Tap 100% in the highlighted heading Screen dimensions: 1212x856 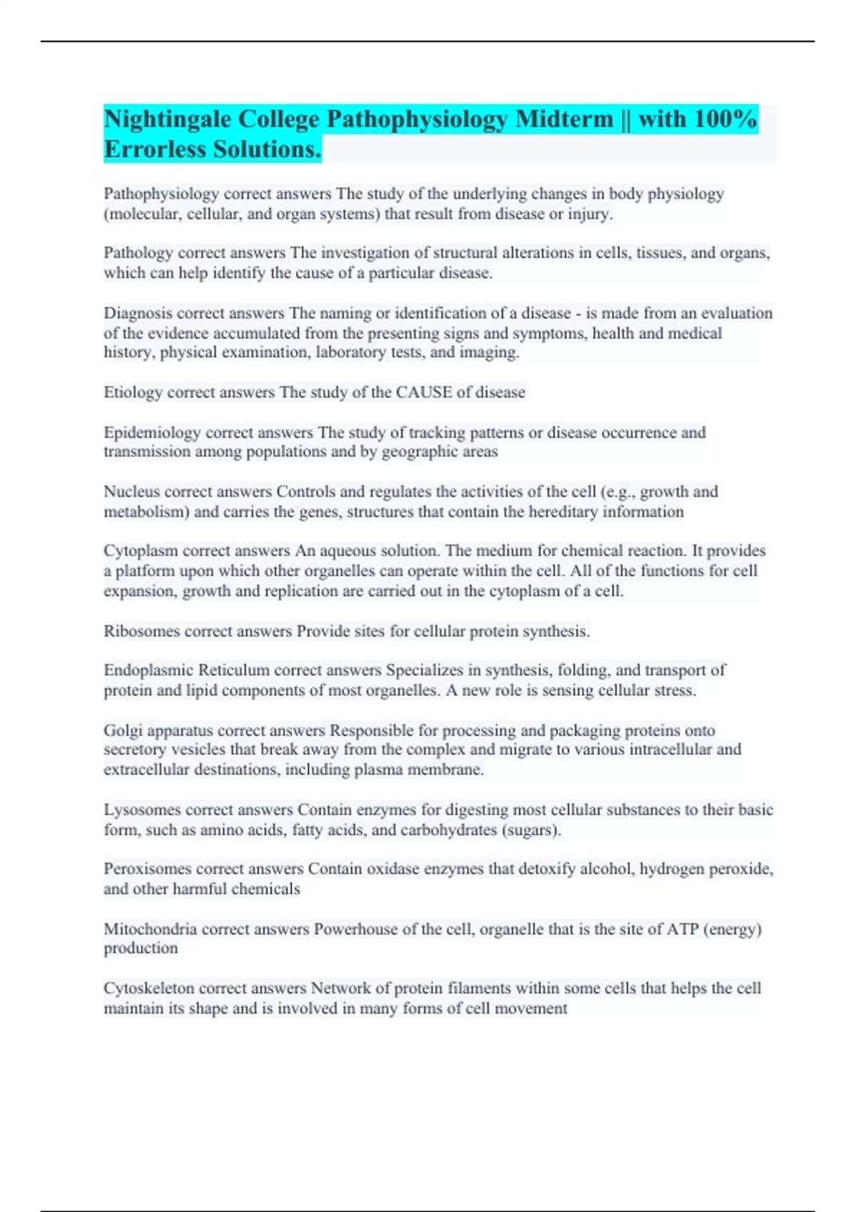[725, 119]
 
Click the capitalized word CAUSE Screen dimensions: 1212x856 [424, 392]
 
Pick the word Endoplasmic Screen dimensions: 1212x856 [148, 670]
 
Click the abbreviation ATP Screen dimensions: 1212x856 [683, 930]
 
